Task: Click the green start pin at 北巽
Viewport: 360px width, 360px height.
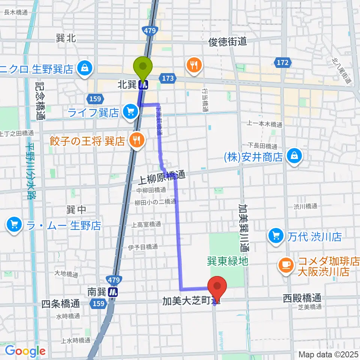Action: (143, 67)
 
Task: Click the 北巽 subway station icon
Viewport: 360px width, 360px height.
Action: (143, 85)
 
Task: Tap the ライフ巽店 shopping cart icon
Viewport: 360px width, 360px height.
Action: (130, 112)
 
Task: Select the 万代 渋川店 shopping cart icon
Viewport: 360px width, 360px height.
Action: (276, 236)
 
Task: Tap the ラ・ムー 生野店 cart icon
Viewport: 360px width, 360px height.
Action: (14, 225)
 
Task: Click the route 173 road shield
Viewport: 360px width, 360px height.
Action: (168, 78)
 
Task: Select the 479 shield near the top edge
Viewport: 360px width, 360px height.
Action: (149, 30)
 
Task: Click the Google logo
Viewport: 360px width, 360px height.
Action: (25, 351)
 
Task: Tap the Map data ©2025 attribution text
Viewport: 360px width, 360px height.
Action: (328, 354)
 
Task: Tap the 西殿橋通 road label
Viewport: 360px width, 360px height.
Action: (301, 298)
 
